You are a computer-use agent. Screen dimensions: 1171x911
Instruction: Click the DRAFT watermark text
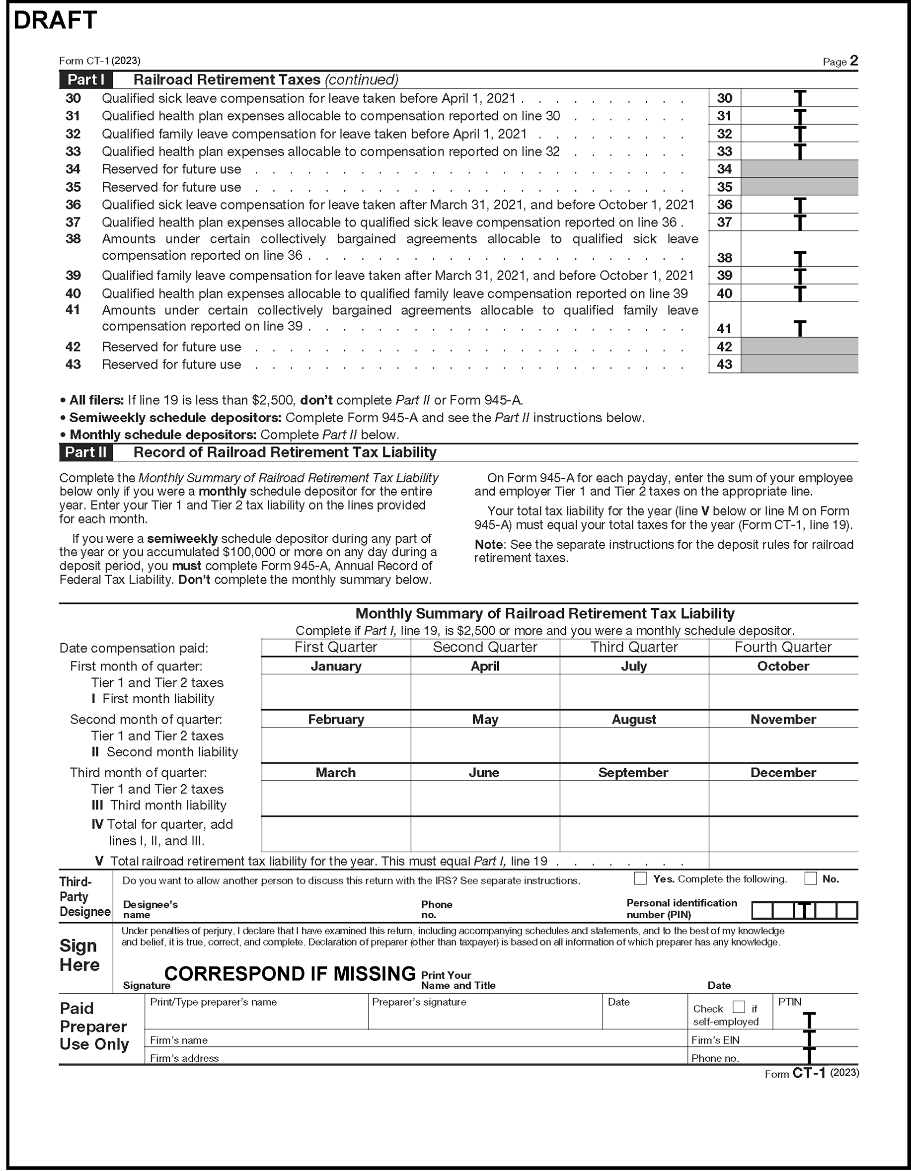(55, 20)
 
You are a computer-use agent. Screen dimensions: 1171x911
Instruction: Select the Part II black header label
(86, 452)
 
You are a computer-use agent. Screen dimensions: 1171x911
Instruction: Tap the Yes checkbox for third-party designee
(640, 878)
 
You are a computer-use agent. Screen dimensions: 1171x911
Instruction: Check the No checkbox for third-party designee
(810, 878)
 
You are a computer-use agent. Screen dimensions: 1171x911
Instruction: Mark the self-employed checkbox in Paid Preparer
(738, 1007)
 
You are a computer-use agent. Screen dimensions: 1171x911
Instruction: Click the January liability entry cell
(336, 692)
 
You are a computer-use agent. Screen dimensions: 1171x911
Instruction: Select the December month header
(783, 773)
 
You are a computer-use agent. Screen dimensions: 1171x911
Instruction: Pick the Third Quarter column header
(634, 647)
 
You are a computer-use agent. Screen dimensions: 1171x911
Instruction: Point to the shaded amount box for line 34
(799, 169)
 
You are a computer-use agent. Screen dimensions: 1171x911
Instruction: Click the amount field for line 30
(799, 98)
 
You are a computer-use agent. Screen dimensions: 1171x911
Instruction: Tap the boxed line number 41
(724, 328)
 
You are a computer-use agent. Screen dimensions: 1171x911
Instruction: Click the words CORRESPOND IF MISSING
(290, 973)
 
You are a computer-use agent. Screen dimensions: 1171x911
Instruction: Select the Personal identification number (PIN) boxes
(804, 910)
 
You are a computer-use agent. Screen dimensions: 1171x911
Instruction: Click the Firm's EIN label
(715, 1040)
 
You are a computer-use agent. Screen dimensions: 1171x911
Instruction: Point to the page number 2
(853, 61)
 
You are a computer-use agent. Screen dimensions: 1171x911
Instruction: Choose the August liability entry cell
(634, 745)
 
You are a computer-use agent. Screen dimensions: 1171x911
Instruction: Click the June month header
(484, 773)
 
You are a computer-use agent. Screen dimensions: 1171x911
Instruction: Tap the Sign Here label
(79, 955)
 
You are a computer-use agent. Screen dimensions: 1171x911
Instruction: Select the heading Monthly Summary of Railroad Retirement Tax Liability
(545, 613)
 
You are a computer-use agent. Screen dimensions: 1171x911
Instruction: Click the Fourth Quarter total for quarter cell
(783, 834)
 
